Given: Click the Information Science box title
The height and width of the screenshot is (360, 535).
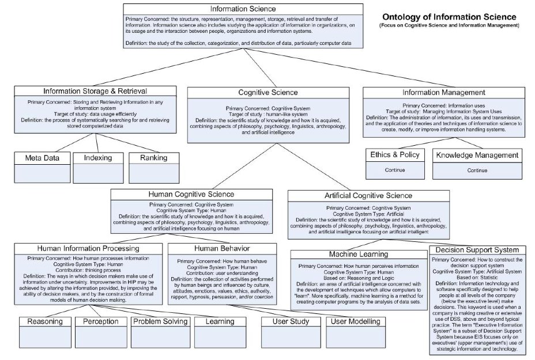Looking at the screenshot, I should coord(243,9).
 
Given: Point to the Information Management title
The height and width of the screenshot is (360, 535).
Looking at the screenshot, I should coord(444,92).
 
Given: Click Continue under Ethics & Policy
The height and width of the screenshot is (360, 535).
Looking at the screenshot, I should coord(395,170).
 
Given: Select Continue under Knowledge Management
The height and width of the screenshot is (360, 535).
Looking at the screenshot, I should coord(477,170).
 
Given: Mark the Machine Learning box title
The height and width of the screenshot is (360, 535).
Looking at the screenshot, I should coord(358,254).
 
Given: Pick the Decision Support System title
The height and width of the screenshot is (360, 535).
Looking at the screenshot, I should coord(477,249).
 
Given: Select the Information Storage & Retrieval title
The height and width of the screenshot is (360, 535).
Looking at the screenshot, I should coord(95,91).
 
